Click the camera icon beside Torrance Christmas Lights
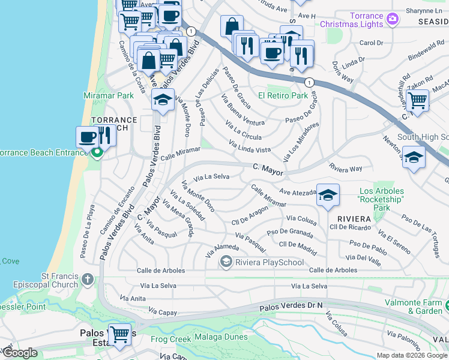[392, 19]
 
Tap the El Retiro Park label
[283, 95]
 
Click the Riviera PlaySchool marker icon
[226, 260]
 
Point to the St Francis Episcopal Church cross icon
[88, 280]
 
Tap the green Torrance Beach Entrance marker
[97, 152]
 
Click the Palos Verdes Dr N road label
[291, 307]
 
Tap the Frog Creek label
[170, 339]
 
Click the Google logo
[20, 353]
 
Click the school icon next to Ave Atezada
[328, 195]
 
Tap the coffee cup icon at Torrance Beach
[87, 137]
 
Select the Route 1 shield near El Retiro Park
[309, 82]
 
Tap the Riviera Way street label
[345, 169]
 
